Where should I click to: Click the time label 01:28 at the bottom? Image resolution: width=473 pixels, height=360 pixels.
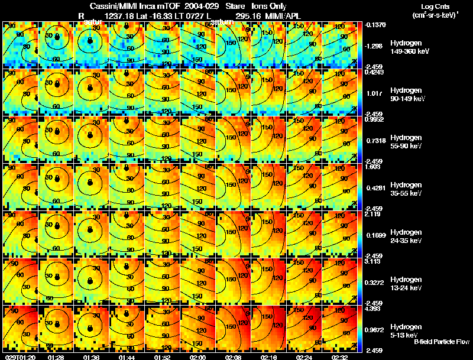pos(57,357)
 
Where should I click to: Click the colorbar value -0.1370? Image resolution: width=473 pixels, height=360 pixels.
pos(376,24)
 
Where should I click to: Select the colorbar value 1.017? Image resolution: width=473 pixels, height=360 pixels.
pos(374,93)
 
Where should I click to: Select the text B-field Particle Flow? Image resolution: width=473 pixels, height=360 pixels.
pos(442,342)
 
